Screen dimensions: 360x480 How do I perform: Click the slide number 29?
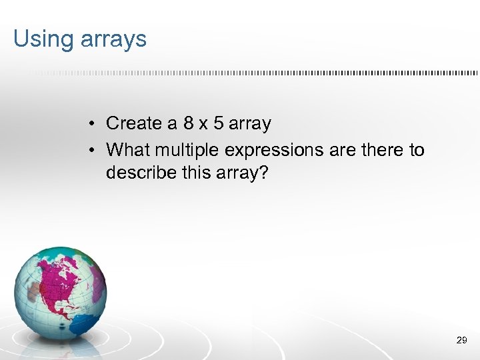click(461, 341)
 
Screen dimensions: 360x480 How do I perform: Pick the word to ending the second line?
click(417, 150)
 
